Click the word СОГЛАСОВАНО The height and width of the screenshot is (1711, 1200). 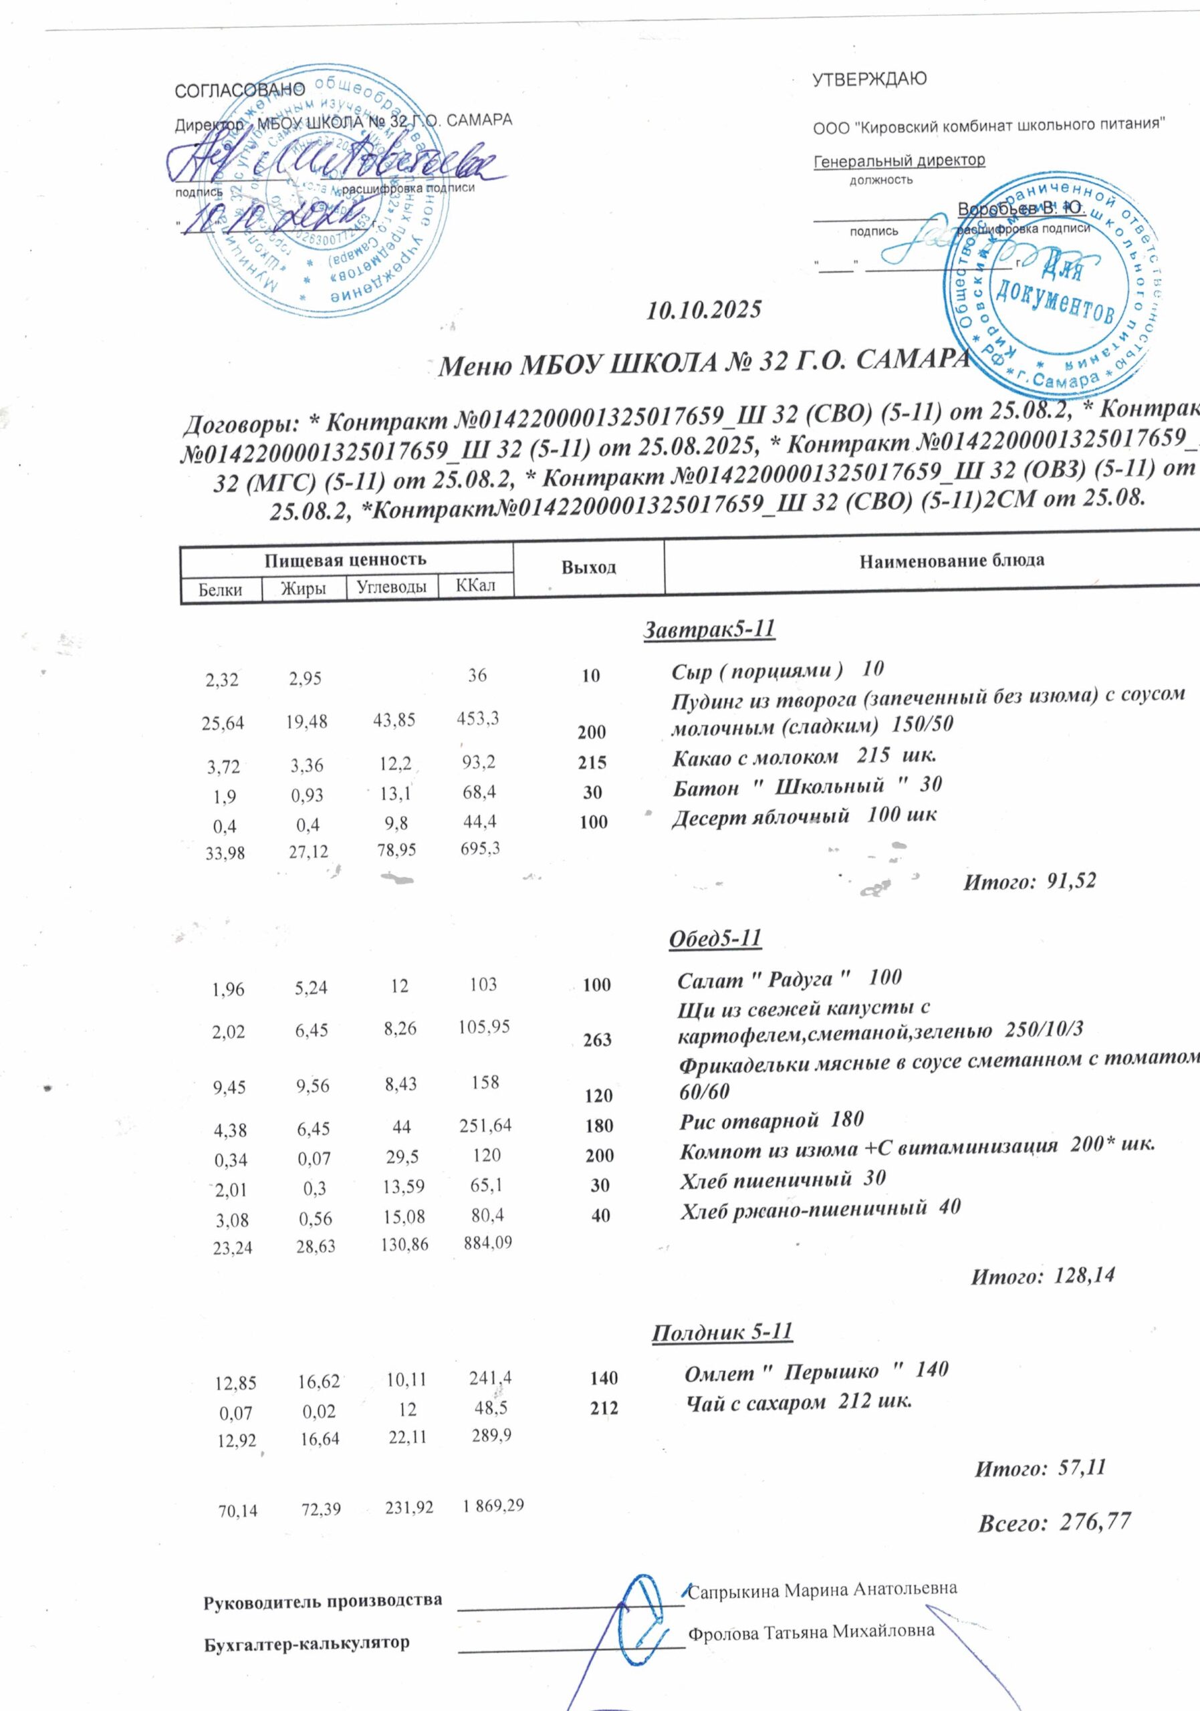[x=239, y=90]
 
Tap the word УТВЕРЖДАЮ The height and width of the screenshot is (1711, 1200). [x=869, y=79]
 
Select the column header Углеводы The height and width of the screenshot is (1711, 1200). [x=392, y=586]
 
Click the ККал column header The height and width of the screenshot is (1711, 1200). [x=475, y=585]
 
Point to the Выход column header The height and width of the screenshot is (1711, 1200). [x=588, y=568]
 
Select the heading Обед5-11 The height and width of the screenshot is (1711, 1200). [x=715, y=938]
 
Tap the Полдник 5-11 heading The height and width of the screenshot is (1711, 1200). [x=721, y=1331]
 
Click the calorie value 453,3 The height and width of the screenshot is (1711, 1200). [x=478, y=718]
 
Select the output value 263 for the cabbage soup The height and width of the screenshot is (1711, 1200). [x=597, y=1039]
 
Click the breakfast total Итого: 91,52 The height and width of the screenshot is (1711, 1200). [x=1030, y=882]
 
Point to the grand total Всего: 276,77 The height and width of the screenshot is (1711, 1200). [x=1054, y=1522]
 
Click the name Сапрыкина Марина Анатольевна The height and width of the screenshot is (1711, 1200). [x=822, y=1589]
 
